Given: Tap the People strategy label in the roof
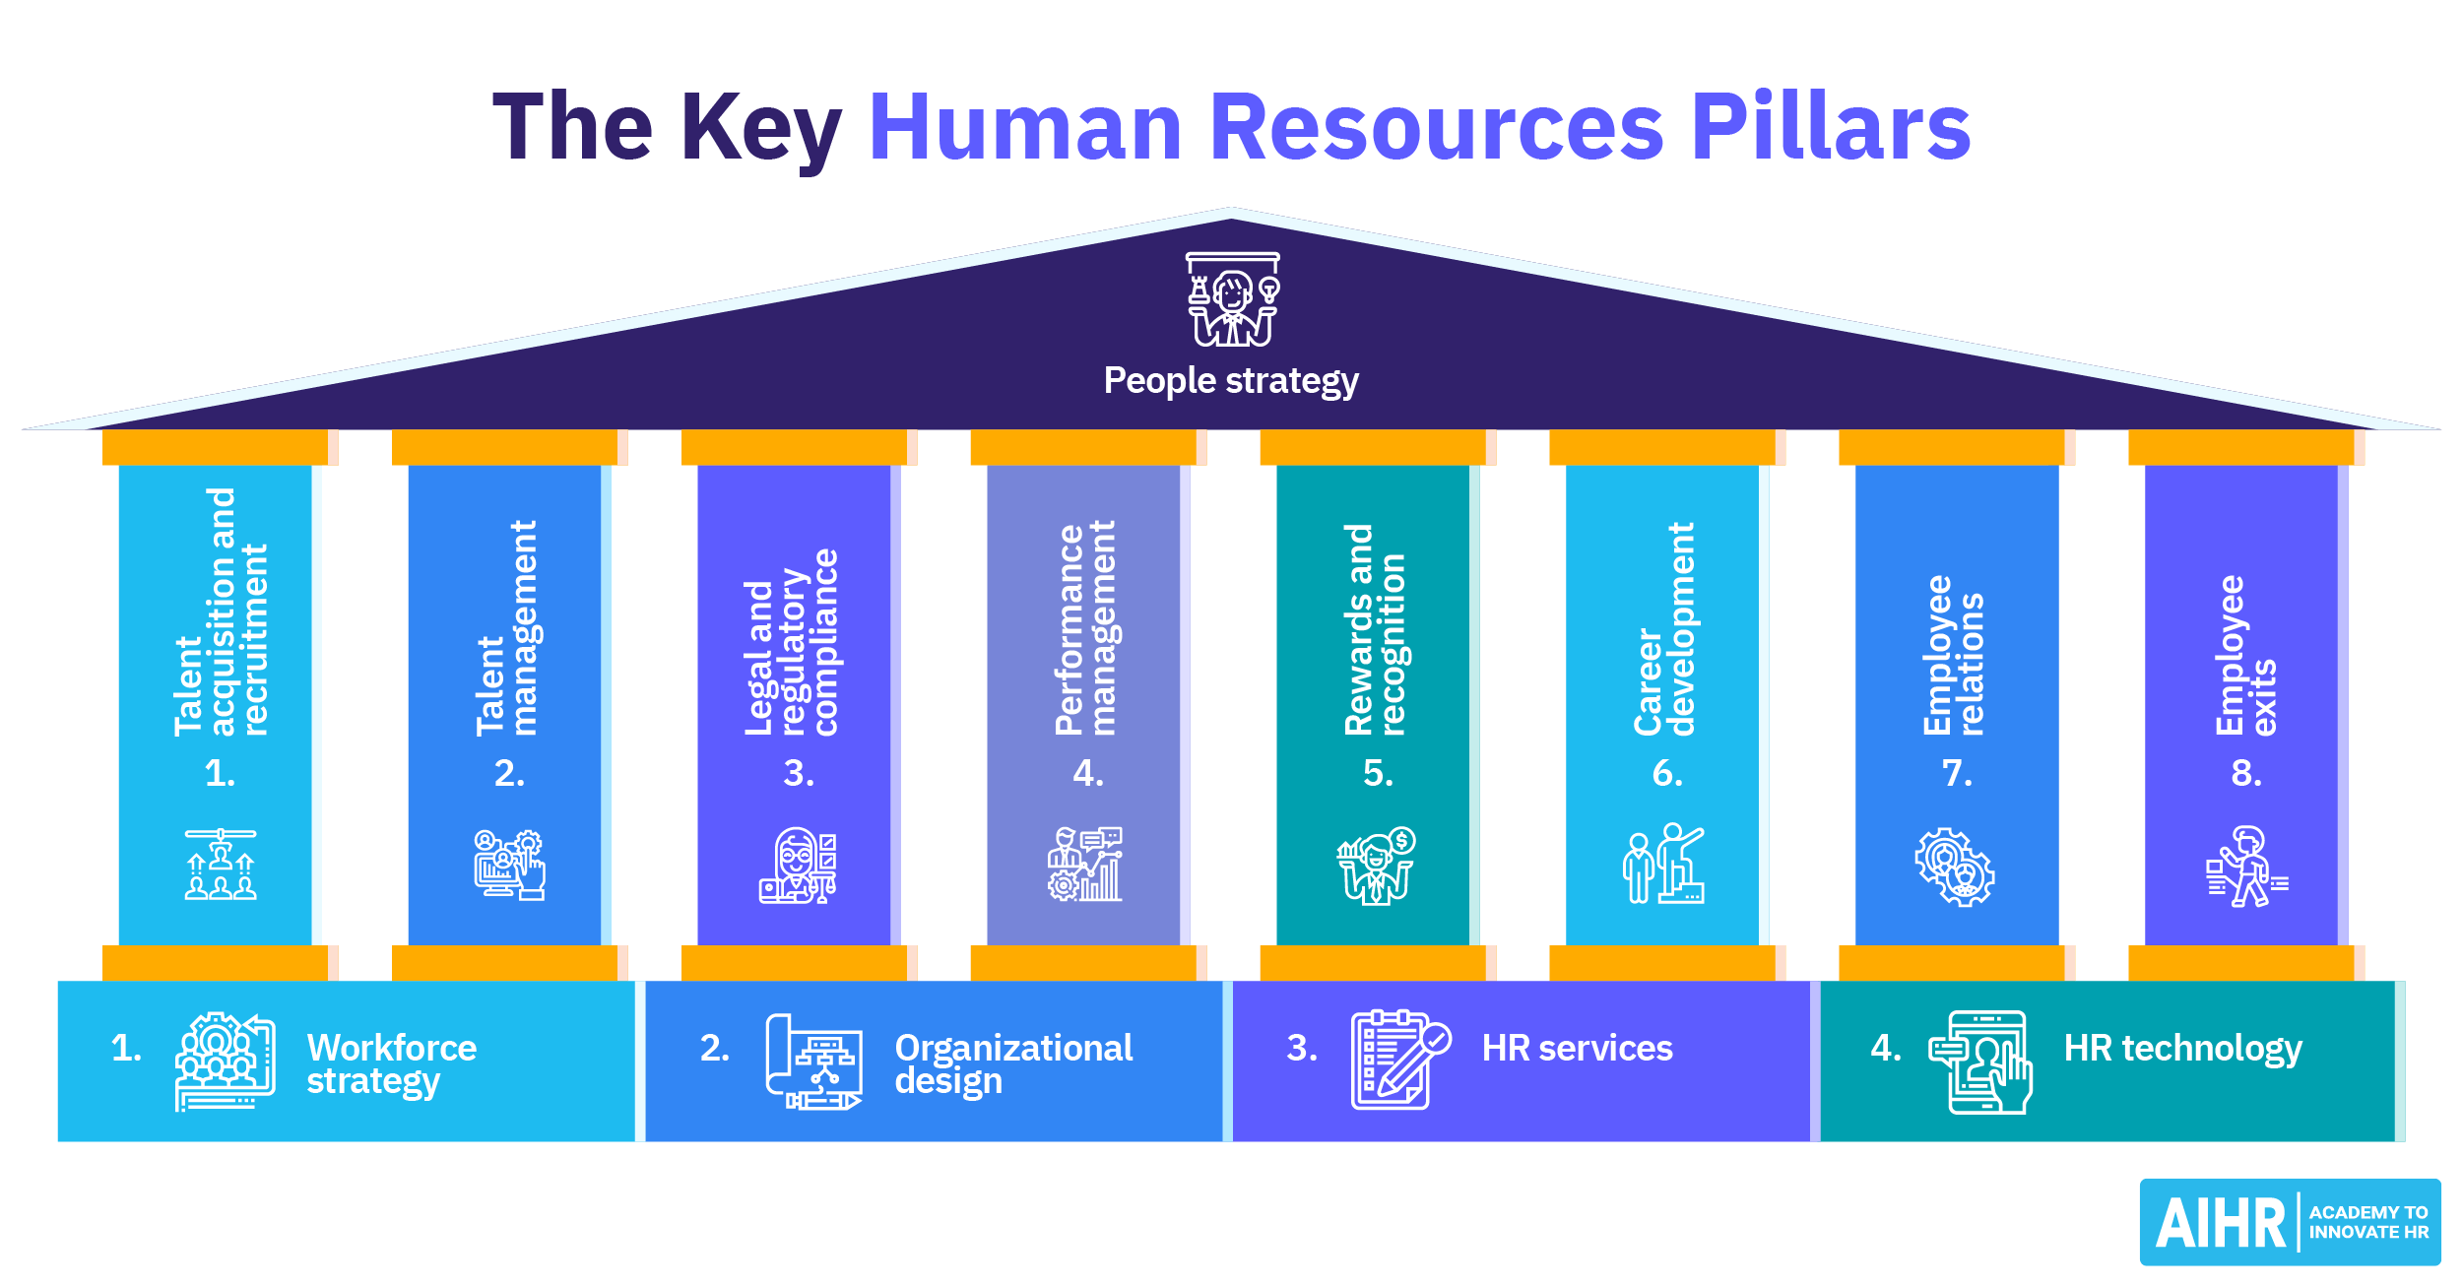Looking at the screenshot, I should (1230, 380).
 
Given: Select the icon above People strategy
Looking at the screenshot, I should (1232, 299).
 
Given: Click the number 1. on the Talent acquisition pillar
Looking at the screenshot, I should (220, 773).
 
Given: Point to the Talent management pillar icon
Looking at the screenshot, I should (509, 865).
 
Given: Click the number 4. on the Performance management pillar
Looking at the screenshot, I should (1087, 773).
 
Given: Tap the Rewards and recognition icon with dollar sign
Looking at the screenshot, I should (1376, 865).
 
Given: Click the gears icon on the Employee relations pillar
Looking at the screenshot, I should (1954, 867).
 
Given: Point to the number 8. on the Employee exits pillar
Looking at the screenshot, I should (2245, 773).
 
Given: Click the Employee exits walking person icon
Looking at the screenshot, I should (2245, 867).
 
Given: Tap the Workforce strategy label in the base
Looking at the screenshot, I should (391, 1063).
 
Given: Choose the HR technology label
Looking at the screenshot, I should (2182, 1048).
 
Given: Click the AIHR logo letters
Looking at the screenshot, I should (2220, 1223).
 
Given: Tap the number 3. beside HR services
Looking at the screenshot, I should (1301, 1048).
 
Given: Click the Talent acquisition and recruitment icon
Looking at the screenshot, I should (221, 865).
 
